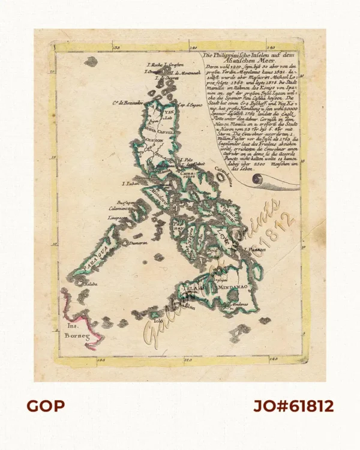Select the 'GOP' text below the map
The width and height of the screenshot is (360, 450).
click(46, 406)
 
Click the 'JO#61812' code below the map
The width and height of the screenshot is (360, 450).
click(293, 406)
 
